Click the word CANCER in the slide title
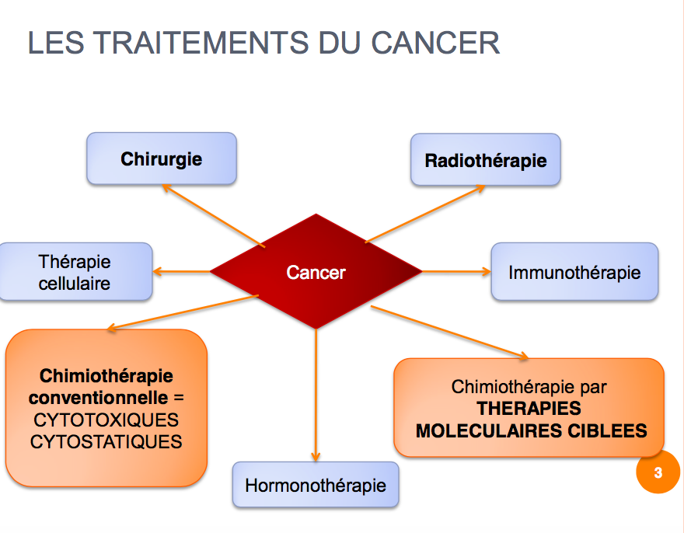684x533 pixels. [435, 43]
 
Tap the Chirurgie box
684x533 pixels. [162, 159]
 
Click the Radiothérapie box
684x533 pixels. [486, 159]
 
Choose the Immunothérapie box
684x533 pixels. [574, 272]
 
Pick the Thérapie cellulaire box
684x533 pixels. [75, 272]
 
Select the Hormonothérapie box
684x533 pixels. [316, 485]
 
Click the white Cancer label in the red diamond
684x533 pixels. [316, 273]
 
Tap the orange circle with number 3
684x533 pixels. [658, 472]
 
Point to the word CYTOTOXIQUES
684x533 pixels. [106, 420]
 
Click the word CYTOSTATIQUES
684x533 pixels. [106, 442]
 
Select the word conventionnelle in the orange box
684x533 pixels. [99, 398]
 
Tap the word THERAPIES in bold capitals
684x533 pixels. [529, 409]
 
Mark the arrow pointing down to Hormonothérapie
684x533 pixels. [316, 395]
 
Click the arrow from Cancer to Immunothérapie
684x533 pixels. [456, 272]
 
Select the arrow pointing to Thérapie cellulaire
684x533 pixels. [181, 272]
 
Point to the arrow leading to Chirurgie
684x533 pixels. [213, 216]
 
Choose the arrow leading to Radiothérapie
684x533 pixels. [425, 214]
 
